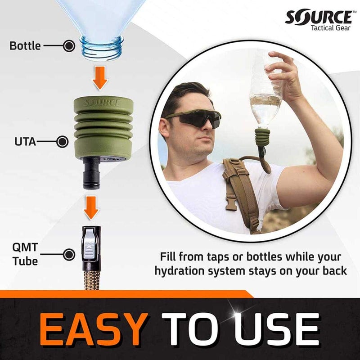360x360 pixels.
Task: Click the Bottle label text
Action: tap(25, 45)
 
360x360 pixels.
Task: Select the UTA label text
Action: tap(23, 142)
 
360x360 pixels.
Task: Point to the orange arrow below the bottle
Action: tap(101, 77)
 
